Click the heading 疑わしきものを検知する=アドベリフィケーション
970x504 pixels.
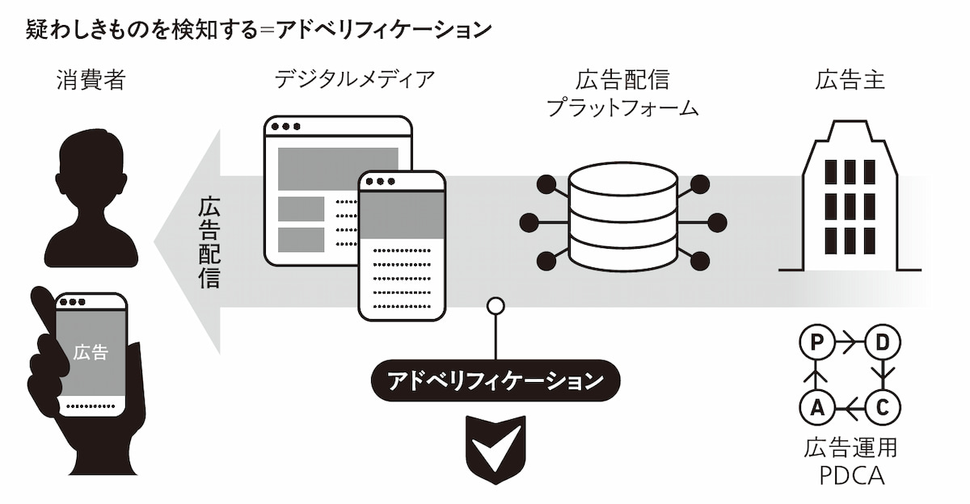(x=259, y=30)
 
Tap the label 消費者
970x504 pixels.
(x=91, y=80)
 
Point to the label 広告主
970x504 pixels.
(x=850, y=80)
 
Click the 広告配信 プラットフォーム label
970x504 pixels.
(x=622, y=93)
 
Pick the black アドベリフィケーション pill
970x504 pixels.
(x=495, y=380)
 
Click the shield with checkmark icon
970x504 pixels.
(x=495, y=446)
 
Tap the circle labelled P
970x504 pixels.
(x=816, y=343)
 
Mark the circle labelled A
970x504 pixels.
(x=816, y=408)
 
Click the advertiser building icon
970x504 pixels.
(x=849, y=198)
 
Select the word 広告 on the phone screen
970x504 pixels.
(x=91, y=352)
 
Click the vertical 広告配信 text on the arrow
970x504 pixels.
(x=210, y=243)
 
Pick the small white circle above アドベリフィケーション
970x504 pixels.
(x=495, y=306)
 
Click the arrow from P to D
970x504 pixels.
(x=850, y=343)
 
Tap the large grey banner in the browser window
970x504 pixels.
(x=338, y=168)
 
